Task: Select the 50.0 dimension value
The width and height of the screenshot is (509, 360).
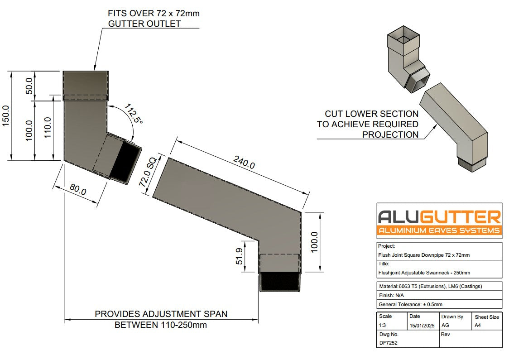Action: (x=29, y=86)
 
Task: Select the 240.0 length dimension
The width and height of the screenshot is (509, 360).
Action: (x=244, y=162)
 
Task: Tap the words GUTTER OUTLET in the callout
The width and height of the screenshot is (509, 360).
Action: (x=144, y=24)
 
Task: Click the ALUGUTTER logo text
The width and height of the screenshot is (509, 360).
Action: (x=439, y=217)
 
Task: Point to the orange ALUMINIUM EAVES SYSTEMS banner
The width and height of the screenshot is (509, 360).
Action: (x=439, y=230)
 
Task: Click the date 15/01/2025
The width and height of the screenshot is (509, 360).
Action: (x=422, y=326)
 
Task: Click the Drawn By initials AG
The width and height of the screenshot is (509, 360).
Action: (x=445, y=326)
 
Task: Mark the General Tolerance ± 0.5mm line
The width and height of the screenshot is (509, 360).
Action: (x=410, y=304)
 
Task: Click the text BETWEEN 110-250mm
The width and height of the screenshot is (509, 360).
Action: (x=161, y=325)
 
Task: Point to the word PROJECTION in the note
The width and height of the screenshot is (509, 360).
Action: (x=390, y=134)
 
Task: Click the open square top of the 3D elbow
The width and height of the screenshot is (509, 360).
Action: (x=401, y=34)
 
